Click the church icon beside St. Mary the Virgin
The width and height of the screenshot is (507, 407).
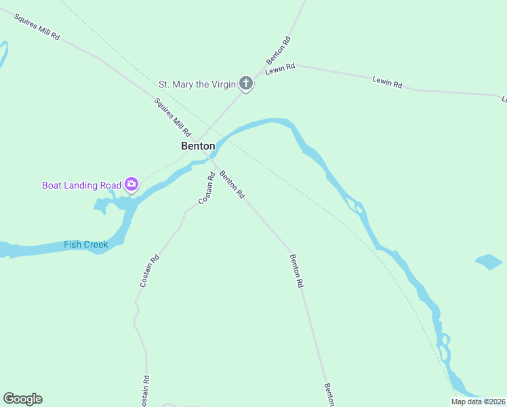click(x=246, y=84)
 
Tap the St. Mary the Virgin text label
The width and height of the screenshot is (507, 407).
click(x=197, y=85)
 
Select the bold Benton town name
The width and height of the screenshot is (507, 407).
click(x=198, y=146)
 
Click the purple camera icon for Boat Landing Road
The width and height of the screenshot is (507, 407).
click(x=131, y=184)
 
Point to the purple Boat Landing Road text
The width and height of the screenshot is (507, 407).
click(x=81, y=185)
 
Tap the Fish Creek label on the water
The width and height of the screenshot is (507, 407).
click(x=86, y=244)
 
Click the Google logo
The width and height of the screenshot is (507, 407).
click(x=22, y=399)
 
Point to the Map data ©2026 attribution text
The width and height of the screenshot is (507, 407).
click(x=479, y=402)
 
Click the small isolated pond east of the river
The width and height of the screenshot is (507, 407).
click(x=489, y=262)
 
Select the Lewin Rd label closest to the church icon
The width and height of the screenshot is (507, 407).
click(x=281, y=69)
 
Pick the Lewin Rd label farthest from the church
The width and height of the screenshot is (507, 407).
click(x=387, y=83)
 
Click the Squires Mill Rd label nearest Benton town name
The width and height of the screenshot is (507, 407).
click(x=172, y=116)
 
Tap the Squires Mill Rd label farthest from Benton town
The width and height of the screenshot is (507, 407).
click(x=37, y=26)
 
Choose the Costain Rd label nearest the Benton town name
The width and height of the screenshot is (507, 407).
click(x=207, y=189)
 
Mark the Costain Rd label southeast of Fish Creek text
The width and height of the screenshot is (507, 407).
click(x=150, y=270)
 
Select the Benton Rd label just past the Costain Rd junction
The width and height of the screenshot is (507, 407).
click(x=231, y=184)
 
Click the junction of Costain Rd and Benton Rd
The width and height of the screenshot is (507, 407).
click(x=216, y=165)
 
